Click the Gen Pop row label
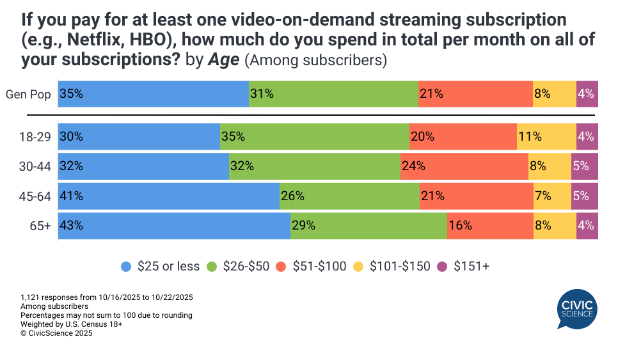coord(29,94)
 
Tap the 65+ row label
coord(42,225)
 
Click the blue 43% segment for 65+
coord(174,225)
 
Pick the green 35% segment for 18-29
coord(314,136)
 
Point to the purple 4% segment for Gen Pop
coord(587,94)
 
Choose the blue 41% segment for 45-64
coord(169,196)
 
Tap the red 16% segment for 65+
coord(490,225)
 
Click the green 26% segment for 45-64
coord(349,196)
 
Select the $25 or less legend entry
coord(161,267)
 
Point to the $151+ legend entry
coord(464,267)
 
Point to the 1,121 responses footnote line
coord(107,297)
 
